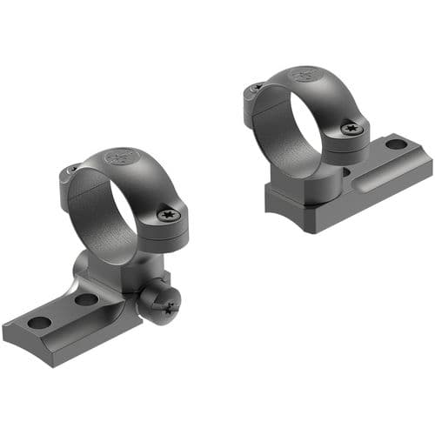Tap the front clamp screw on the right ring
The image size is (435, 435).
coord(351,129)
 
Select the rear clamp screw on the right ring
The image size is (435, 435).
coord(257,87)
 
